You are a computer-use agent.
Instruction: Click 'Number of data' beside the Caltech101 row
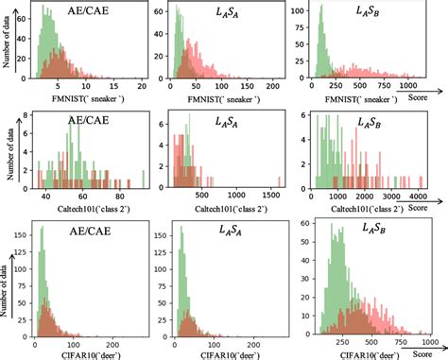[9, 160]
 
